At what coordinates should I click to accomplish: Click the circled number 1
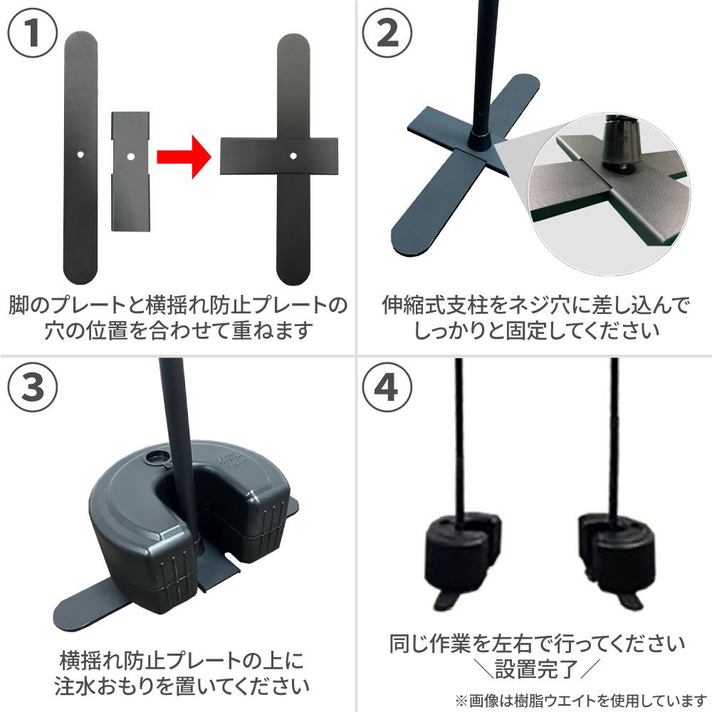[33, 33]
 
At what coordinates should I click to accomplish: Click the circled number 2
[387, 33]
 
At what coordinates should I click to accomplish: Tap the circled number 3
[33, 387]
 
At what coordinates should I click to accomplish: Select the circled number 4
[387, 387]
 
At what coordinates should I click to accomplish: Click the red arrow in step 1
[184, 157]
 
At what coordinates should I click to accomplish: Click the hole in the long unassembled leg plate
[80, 155]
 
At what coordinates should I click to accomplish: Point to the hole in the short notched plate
[130, 157]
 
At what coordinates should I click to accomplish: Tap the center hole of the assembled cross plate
[293, 156]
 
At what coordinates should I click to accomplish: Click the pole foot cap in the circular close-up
[621, 145]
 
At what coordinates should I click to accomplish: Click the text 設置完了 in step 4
[537, 669]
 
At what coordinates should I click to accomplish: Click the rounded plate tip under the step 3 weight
[73, 617]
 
